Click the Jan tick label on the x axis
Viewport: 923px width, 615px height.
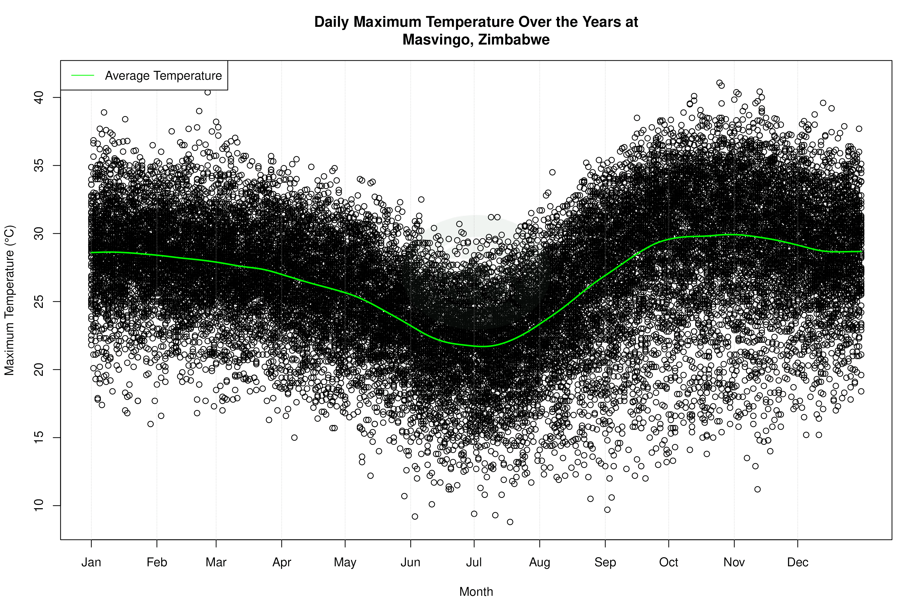[x=91, y=562]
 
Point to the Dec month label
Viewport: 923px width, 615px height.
[x=797, y=562]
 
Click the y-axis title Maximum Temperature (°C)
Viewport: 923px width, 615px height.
[x=9, y=300]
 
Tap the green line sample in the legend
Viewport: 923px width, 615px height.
[x=83, y=75]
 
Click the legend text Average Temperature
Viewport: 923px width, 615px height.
[x=163, y=75]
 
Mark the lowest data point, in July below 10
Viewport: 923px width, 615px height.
[x=510, y=522]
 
